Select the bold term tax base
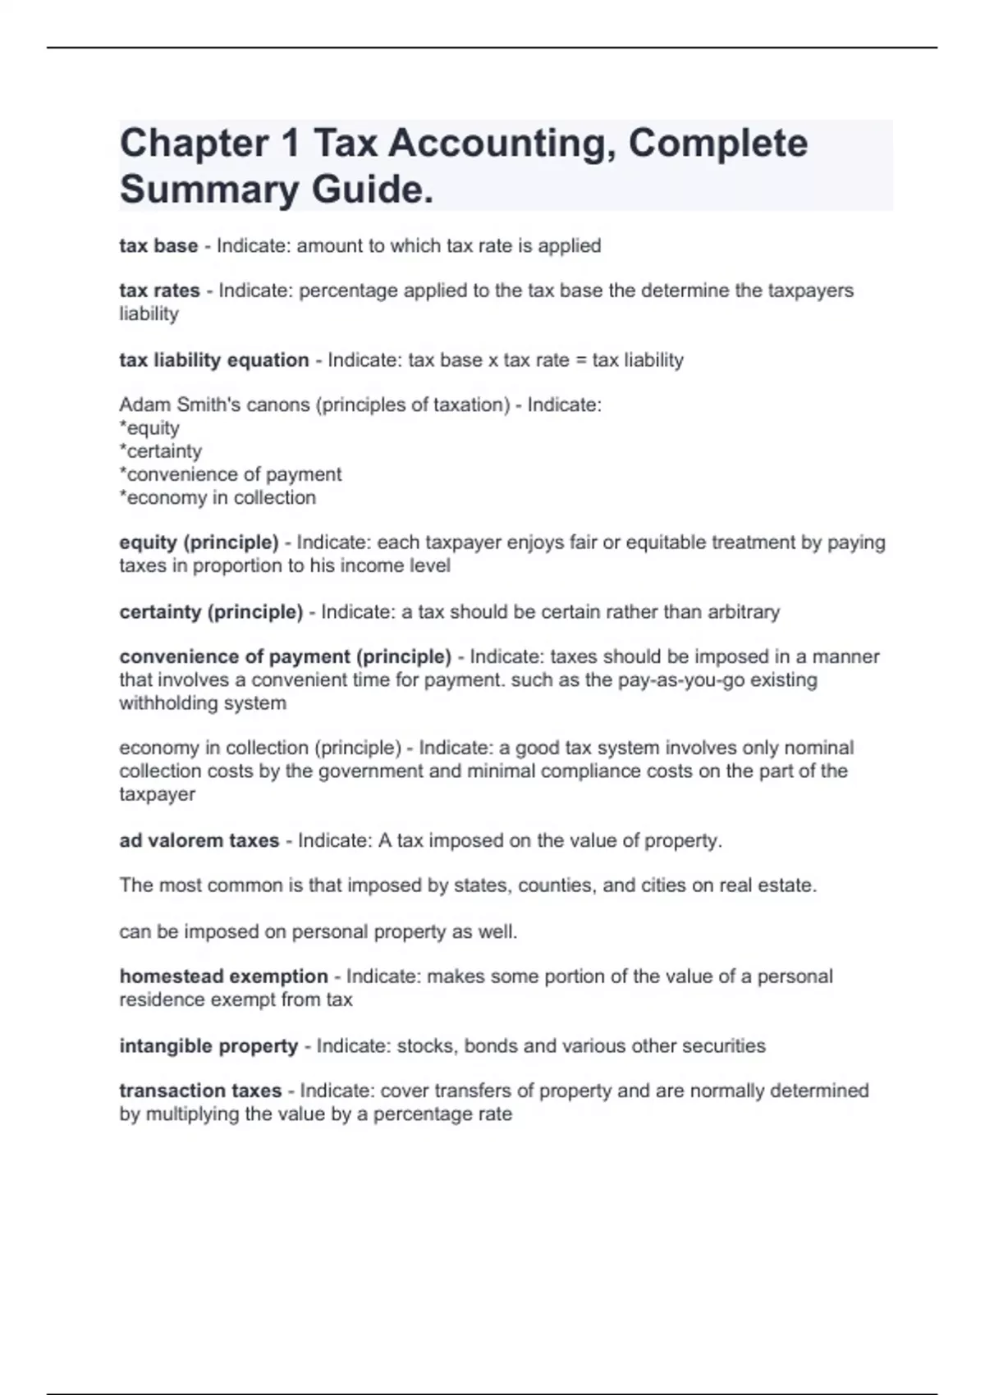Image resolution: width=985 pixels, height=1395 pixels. pyautogui.click(x=158, y=246)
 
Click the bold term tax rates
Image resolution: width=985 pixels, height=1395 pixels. pyautogui.click(x=159, y=290)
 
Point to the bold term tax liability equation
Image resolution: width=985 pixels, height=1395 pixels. pyautogui.click(x=214, y=360)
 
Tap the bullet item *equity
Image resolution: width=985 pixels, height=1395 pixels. pyautogui.click(x=149, y=428)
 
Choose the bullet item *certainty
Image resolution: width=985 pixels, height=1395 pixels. pyautogui.click(x=160, y=451)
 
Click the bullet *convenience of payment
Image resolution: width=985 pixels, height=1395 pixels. pyautogui.click(x=231, y=474)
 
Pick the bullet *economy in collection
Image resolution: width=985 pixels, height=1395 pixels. pyautogui.click(x=218, y=498)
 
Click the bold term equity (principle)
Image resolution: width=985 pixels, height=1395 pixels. pyautogui.click(x=199, y=542)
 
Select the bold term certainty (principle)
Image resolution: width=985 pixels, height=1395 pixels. pyautogui.click(x=211, y=612)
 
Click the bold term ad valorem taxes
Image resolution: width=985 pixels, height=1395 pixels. pyautogui.click(x=199, y=841)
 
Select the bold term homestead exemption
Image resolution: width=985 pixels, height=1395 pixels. pyautogui.click(x=223, y=976)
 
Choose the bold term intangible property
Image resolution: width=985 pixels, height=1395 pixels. pyautogui.click(x=208, y=1046)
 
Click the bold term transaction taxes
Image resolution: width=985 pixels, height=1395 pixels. pyautogui.click(x=200, y=1091)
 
